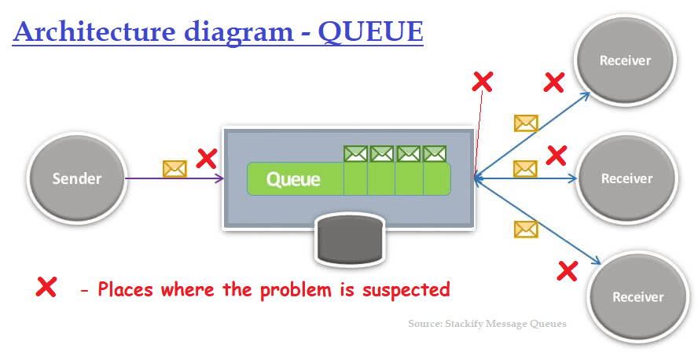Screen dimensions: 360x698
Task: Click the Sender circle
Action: pyautogui.click(x=77, y=178)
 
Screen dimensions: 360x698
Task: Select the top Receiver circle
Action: pyautogui.click(x=626, y=61)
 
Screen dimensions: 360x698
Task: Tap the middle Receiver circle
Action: pyautogui.click(x=626, y=178)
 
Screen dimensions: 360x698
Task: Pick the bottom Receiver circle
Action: pyautogui.click(x=637, y=296)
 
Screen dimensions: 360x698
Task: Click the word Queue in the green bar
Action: pyautogui.click(x=293, y=179)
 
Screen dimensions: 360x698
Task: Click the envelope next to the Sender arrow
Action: pyautogui.click(x=174, y=168)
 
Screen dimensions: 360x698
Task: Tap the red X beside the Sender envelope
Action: pyautogui.click(x=206, y=159)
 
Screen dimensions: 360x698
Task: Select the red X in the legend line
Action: pyautogui.click(x=46, y=288)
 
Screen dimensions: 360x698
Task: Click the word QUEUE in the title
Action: pyautogui.click(x=370, y=32)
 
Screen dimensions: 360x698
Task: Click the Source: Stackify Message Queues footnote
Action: pyautogui.click(x=487, y=324)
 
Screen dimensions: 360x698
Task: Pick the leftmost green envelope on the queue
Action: pyautogui.click(x=355, y=153)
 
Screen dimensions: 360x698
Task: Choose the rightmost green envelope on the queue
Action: pyautogui.click(x=435, y=153)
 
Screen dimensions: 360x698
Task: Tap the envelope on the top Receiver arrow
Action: pyautogui.click(x=525, y=123)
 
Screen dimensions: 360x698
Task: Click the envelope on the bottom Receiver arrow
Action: pyautogui.click(x=525, y=229)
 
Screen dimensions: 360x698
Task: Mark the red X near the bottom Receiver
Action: pyautogui.click(x=567, y=271)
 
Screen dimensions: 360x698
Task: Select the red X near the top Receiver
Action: pyautogui.click(x=554, y=82)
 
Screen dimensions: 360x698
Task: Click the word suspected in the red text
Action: pyautogui.click(x=406, y=289)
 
